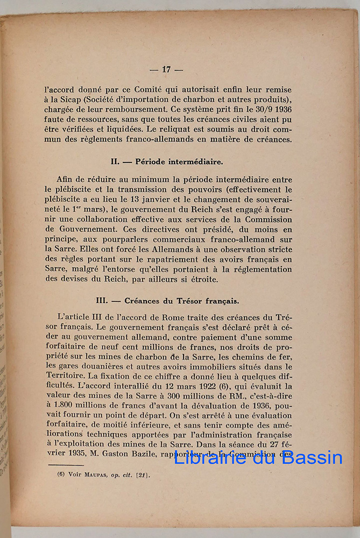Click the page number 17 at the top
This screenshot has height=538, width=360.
(166, 69)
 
